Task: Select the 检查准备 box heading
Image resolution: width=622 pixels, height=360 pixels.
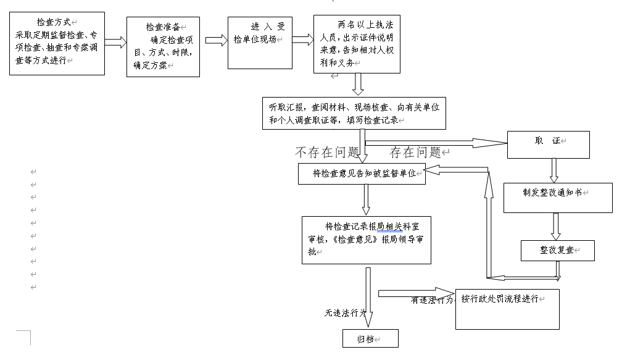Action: click(x=162, y=27)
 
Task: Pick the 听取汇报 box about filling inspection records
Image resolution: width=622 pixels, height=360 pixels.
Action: click(x=354, y=112)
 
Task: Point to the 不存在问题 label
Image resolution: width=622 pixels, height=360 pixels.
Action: click(x=327, y=152)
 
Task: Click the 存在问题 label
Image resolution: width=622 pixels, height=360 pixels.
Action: click(x=415, y=152)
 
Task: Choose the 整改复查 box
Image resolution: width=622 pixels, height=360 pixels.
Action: click(x=557, y=250)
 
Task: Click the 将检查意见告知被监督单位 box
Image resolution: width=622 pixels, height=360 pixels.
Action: click(x=362, y=174)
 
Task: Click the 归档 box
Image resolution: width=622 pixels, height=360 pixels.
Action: click(x=370, y=338)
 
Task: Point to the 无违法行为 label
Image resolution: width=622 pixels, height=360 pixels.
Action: click(x=346, y=313)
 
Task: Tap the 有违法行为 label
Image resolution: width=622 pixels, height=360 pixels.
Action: click(x=432, y=301)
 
